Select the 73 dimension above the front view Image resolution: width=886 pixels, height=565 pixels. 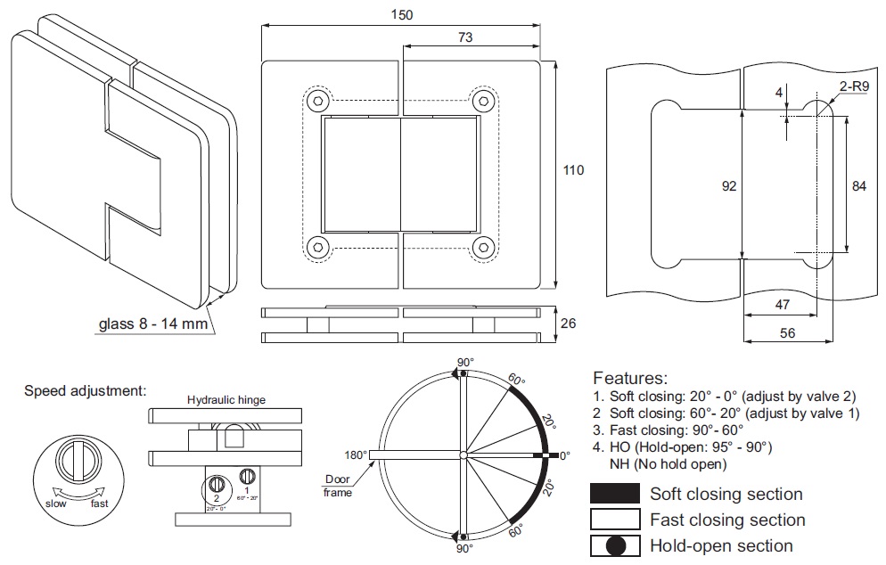point(464,37)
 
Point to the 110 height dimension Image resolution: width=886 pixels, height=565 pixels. point(574,170)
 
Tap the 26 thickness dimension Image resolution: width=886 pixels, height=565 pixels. point(566,323)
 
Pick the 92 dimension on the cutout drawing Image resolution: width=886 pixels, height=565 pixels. point(730,186)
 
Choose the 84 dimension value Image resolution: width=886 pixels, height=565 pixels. point(858,186)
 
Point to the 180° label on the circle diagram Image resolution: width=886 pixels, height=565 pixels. point(355,454)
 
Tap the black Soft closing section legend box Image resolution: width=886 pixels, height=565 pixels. point(615,494)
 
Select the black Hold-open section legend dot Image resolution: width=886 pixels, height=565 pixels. point(616,545)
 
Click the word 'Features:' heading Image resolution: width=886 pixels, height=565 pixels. point(629,378)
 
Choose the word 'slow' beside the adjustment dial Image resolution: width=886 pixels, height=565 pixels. point(55,504)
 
